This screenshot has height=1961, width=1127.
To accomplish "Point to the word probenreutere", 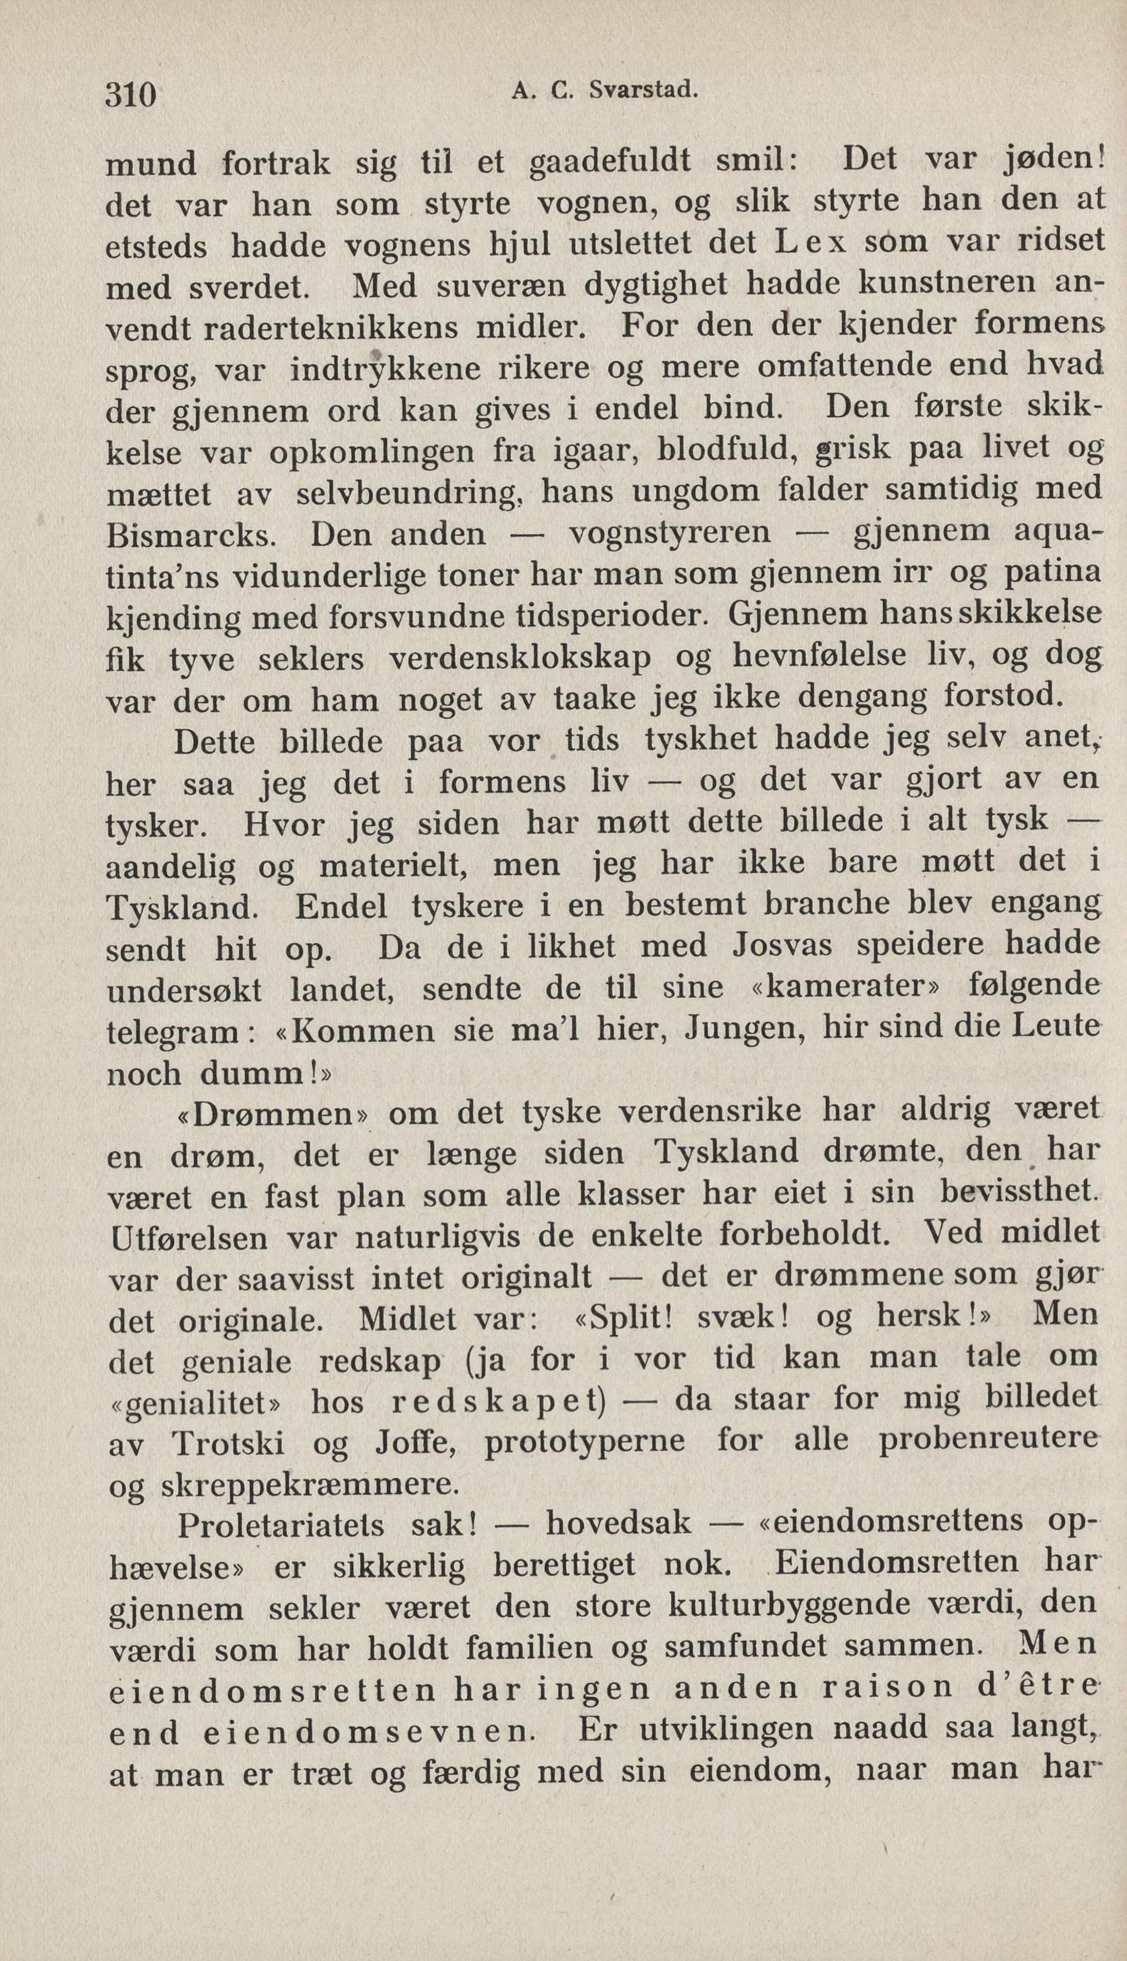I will point(988,1441).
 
